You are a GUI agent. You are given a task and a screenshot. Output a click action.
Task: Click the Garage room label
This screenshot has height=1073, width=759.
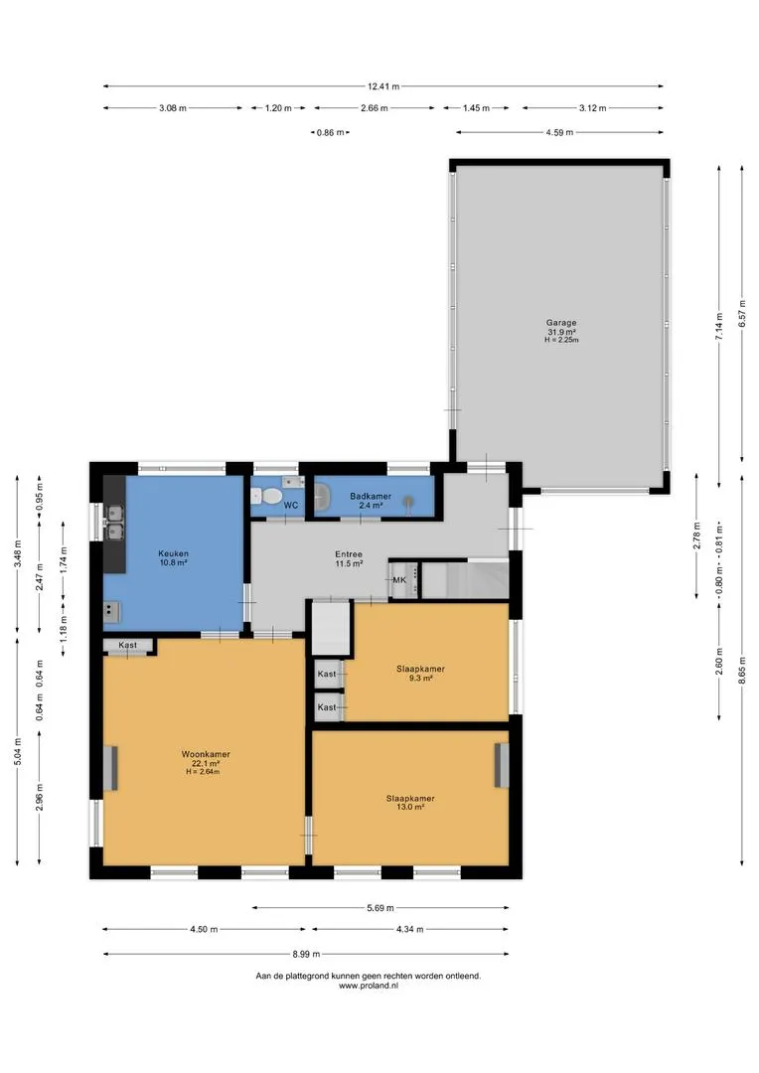[x=561, y=322]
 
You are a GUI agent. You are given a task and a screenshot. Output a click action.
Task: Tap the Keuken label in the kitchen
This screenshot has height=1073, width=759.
[x=173, y=553]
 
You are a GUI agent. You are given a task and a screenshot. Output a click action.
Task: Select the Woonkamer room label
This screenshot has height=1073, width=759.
[x=206, y=754]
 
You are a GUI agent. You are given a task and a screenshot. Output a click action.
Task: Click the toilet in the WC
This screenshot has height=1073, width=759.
[x=271, y=495]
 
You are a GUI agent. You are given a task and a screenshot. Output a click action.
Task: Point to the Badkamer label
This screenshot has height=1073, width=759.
[x=371, y=496]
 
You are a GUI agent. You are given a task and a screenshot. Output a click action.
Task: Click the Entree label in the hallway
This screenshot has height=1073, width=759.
[x=349, y=554]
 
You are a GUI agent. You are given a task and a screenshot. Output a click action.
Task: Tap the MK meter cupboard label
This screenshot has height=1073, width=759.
[x=399, y=580]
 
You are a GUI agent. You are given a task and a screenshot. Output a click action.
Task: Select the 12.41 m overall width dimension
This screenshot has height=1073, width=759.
[x=383, y=86]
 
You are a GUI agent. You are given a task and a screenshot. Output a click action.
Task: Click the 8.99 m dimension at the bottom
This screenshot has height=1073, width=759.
[x=306, y=954]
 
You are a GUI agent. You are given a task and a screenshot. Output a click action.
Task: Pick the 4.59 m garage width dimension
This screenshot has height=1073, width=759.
[x=559, y=132]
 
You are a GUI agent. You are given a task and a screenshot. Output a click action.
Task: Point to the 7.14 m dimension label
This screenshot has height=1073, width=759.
[x=718, y=327]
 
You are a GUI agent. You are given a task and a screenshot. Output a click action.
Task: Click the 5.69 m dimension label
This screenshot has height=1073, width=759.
[x=380, y=908]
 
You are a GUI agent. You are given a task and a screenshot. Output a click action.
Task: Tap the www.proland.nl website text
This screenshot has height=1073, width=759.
[x=369, y=987]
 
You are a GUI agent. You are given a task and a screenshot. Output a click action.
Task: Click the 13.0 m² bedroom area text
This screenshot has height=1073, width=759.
[x=410, y=807]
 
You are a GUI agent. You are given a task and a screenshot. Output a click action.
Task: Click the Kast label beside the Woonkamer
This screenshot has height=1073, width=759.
[x=127, y=645]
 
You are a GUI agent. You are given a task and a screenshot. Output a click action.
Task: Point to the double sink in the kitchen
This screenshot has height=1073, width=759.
[x=113, y=522]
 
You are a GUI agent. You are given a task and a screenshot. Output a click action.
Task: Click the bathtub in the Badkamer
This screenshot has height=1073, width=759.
[x=322, y=496]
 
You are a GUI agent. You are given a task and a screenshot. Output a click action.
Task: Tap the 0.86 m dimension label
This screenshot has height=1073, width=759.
[x=330, y=133]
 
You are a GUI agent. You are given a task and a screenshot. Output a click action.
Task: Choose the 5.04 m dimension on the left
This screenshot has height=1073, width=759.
[x=17, y=751]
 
